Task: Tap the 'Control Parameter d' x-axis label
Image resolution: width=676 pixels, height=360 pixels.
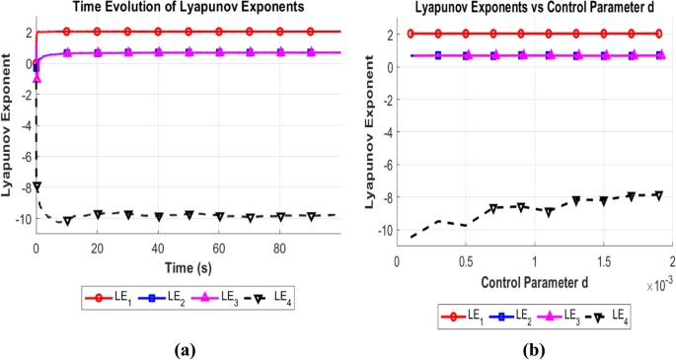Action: [534, 283]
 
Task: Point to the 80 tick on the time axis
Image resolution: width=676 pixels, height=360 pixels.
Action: [280, 251]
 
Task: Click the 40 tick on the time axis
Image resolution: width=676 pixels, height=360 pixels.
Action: [158, 251]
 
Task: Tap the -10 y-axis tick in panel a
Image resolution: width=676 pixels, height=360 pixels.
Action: [22, 218]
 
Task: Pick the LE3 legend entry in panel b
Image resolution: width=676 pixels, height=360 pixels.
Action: [566, 315]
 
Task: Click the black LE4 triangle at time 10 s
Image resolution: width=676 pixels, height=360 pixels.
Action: [66, 221]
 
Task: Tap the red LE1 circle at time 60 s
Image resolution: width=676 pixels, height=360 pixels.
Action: [219, 32]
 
